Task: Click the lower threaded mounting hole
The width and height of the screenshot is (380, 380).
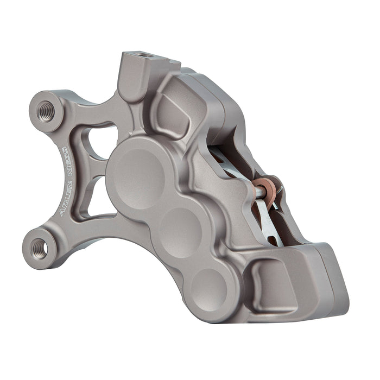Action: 39,248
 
